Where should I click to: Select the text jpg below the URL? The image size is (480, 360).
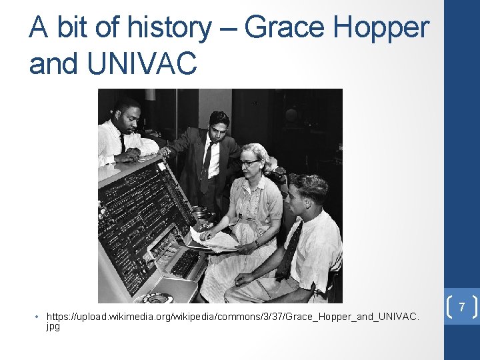(x=53, y=327)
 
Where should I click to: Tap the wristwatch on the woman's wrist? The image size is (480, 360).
(x=256, y=244)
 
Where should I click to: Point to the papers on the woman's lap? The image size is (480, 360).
(x=215, y=241)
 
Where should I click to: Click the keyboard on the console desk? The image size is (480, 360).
(x=185, y=263)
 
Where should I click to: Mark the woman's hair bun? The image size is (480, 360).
(x=271, y=159)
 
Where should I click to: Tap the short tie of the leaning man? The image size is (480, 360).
(x=122, y=142)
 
